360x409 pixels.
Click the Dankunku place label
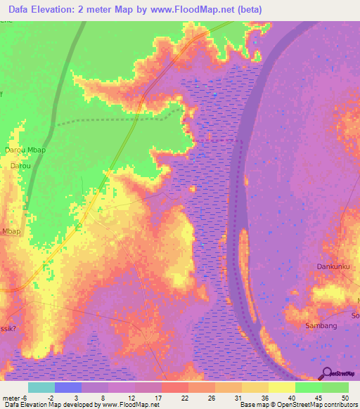pyautogui.click(x=333, y=266)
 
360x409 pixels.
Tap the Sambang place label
pyautogui.click(x=321, y=325)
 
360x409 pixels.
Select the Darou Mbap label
pyautogui.click(x=25, y=150)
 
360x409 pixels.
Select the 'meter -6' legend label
pyautogui.click(x=14, y=398)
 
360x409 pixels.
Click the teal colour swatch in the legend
pyautogui.click(x=41, y=387)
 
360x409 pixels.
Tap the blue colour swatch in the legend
pyautogui.click(x=68, y=387)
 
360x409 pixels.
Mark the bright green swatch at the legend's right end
pyautogui.click(x=335, y=387)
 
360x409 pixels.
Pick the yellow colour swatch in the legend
pyautogui.click(x=282, y=387)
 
